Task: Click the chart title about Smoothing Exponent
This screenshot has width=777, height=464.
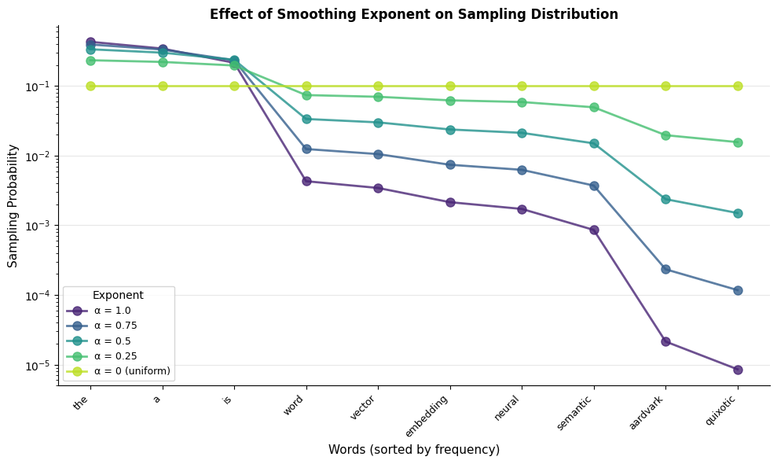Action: [413, 14]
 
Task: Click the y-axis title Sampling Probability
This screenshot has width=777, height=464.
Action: [13, 205]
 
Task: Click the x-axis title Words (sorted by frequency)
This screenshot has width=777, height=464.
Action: [413, 450]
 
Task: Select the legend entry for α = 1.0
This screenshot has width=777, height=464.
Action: [112, 311]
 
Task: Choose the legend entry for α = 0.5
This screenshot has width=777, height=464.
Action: [112, 341]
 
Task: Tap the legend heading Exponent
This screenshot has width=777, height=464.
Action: [118, 295]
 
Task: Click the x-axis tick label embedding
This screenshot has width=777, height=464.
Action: [427, 415]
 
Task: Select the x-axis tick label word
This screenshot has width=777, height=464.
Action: [296, 403]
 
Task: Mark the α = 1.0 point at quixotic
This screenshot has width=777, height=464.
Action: [738, 370]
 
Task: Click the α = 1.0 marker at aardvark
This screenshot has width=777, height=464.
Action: [665, 341]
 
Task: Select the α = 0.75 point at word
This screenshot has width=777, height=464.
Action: [306, 149]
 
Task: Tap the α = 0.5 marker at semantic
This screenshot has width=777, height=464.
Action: [594, 143]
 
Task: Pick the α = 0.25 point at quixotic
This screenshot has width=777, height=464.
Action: [738, 142]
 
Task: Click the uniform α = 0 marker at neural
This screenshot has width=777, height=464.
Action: [522, 86]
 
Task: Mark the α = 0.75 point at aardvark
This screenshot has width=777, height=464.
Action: [665, 269]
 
